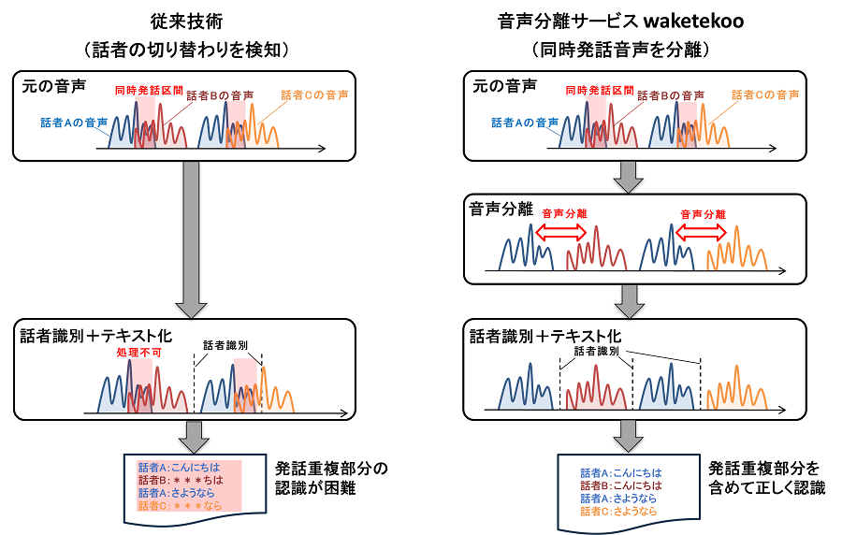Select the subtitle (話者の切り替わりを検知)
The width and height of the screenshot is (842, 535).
tap(190, 48)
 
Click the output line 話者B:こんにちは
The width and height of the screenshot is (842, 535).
tap(620, 485)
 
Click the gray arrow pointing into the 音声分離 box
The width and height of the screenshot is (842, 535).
tap(624, 174)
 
